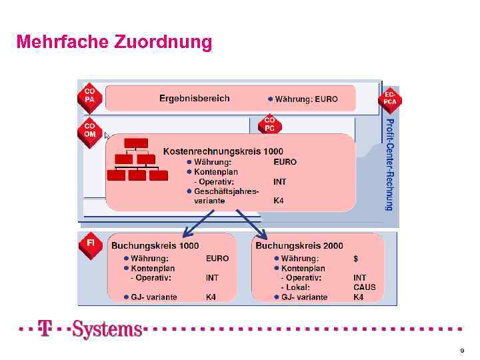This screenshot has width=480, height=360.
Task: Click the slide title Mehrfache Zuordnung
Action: point(114,43)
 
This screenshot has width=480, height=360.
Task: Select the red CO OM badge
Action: point(89,129)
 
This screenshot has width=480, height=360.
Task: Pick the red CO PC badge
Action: point(270,123)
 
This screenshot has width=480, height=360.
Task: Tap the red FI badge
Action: point(90,243)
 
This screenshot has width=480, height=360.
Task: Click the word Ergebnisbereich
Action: point(194,98)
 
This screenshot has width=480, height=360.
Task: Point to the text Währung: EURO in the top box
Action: point(303,99)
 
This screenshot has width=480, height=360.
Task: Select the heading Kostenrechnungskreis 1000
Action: point(223,151)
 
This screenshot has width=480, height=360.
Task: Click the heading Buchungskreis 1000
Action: point(155,245)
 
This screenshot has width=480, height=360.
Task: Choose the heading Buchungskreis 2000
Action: point(299,245)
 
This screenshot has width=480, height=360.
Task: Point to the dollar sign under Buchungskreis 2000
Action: point(355,258)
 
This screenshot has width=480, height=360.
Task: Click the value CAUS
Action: point(364,287)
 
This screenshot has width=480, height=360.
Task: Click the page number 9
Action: point(461,350)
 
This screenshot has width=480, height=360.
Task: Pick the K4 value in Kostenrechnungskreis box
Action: point(279,200)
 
